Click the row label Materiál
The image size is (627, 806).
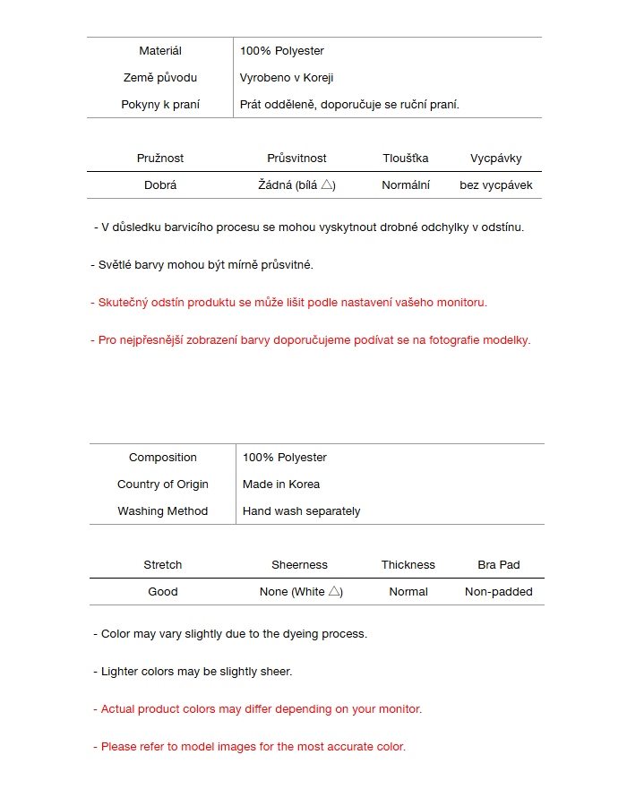(160, 51)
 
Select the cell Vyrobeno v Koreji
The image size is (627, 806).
(287, 78)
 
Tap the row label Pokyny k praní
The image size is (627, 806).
(160, 105)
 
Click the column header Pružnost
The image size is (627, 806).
(160, 159)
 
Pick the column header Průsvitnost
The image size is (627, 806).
(296, 159)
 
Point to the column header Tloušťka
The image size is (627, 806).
(406, 159)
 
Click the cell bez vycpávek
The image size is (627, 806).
(496, 185)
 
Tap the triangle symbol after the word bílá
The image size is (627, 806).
(328, 184)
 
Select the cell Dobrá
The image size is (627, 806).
(160, 185)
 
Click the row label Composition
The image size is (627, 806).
(163, 458)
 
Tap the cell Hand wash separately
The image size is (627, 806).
(302, 511)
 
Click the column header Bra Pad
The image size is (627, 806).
(499, 565)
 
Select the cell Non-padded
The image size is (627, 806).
(499, 592)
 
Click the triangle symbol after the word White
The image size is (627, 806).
(334, 591)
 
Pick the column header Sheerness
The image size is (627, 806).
(300, 565)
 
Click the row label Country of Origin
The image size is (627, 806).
(163, 484)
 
